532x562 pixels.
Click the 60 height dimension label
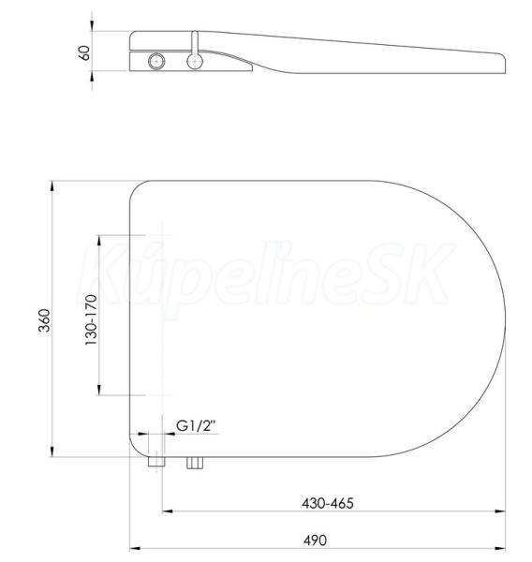[84, 53]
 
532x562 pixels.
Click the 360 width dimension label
[45, 320]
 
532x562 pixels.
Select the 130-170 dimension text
[91, 320]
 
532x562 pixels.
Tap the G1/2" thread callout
[196, 426]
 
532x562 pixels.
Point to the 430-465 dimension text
[328, 503]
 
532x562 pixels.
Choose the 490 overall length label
[315, 540]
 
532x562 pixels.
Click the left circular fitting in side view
[156, 62]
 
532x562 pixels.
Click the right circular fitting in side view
[195, 62]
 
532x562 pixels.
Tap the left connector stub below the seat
[156, 462]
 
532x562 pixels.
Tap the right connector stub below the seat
[195, 463]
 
